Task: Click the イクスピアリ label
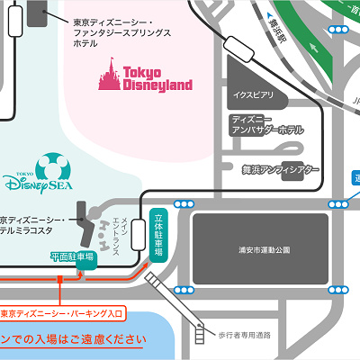tap(250, 94)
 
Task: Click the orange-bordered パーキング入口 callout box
tap(63, 313)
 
